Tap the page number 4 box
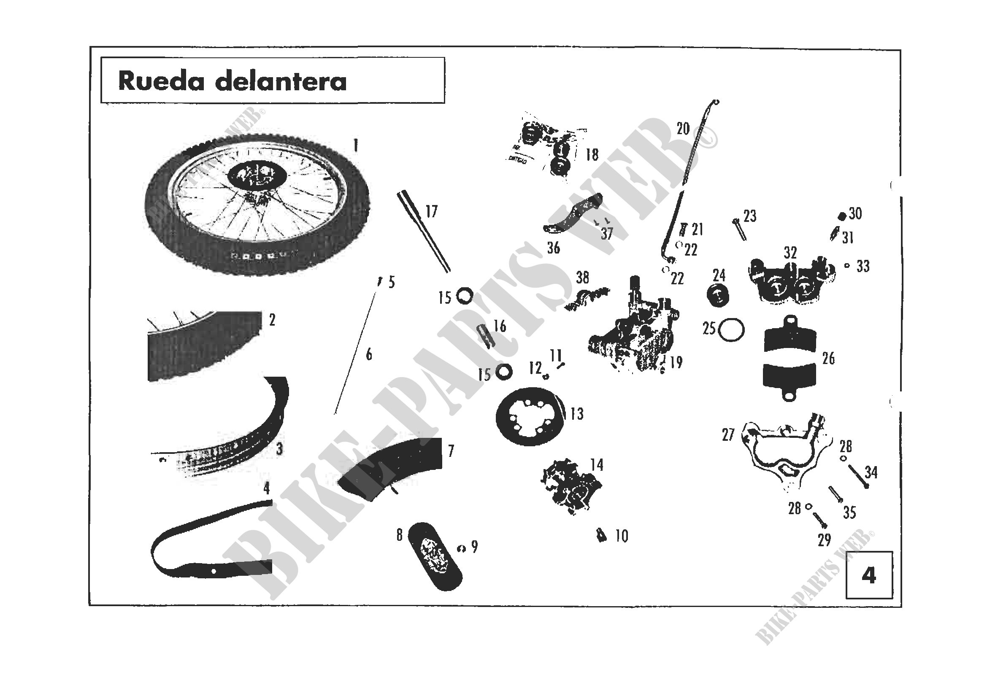tap(869, 575)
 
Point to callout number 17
tap(431, 211)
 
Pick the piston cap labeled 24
tap(718, 296)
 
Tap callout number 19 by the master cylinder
tap(676, 362)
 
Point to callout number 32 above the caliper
tap(790, 253)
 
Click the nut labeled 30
tap(842, 215)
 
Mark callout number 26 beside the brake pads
tap(828, 358)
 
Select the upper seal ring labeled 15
tap(464, 296)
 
